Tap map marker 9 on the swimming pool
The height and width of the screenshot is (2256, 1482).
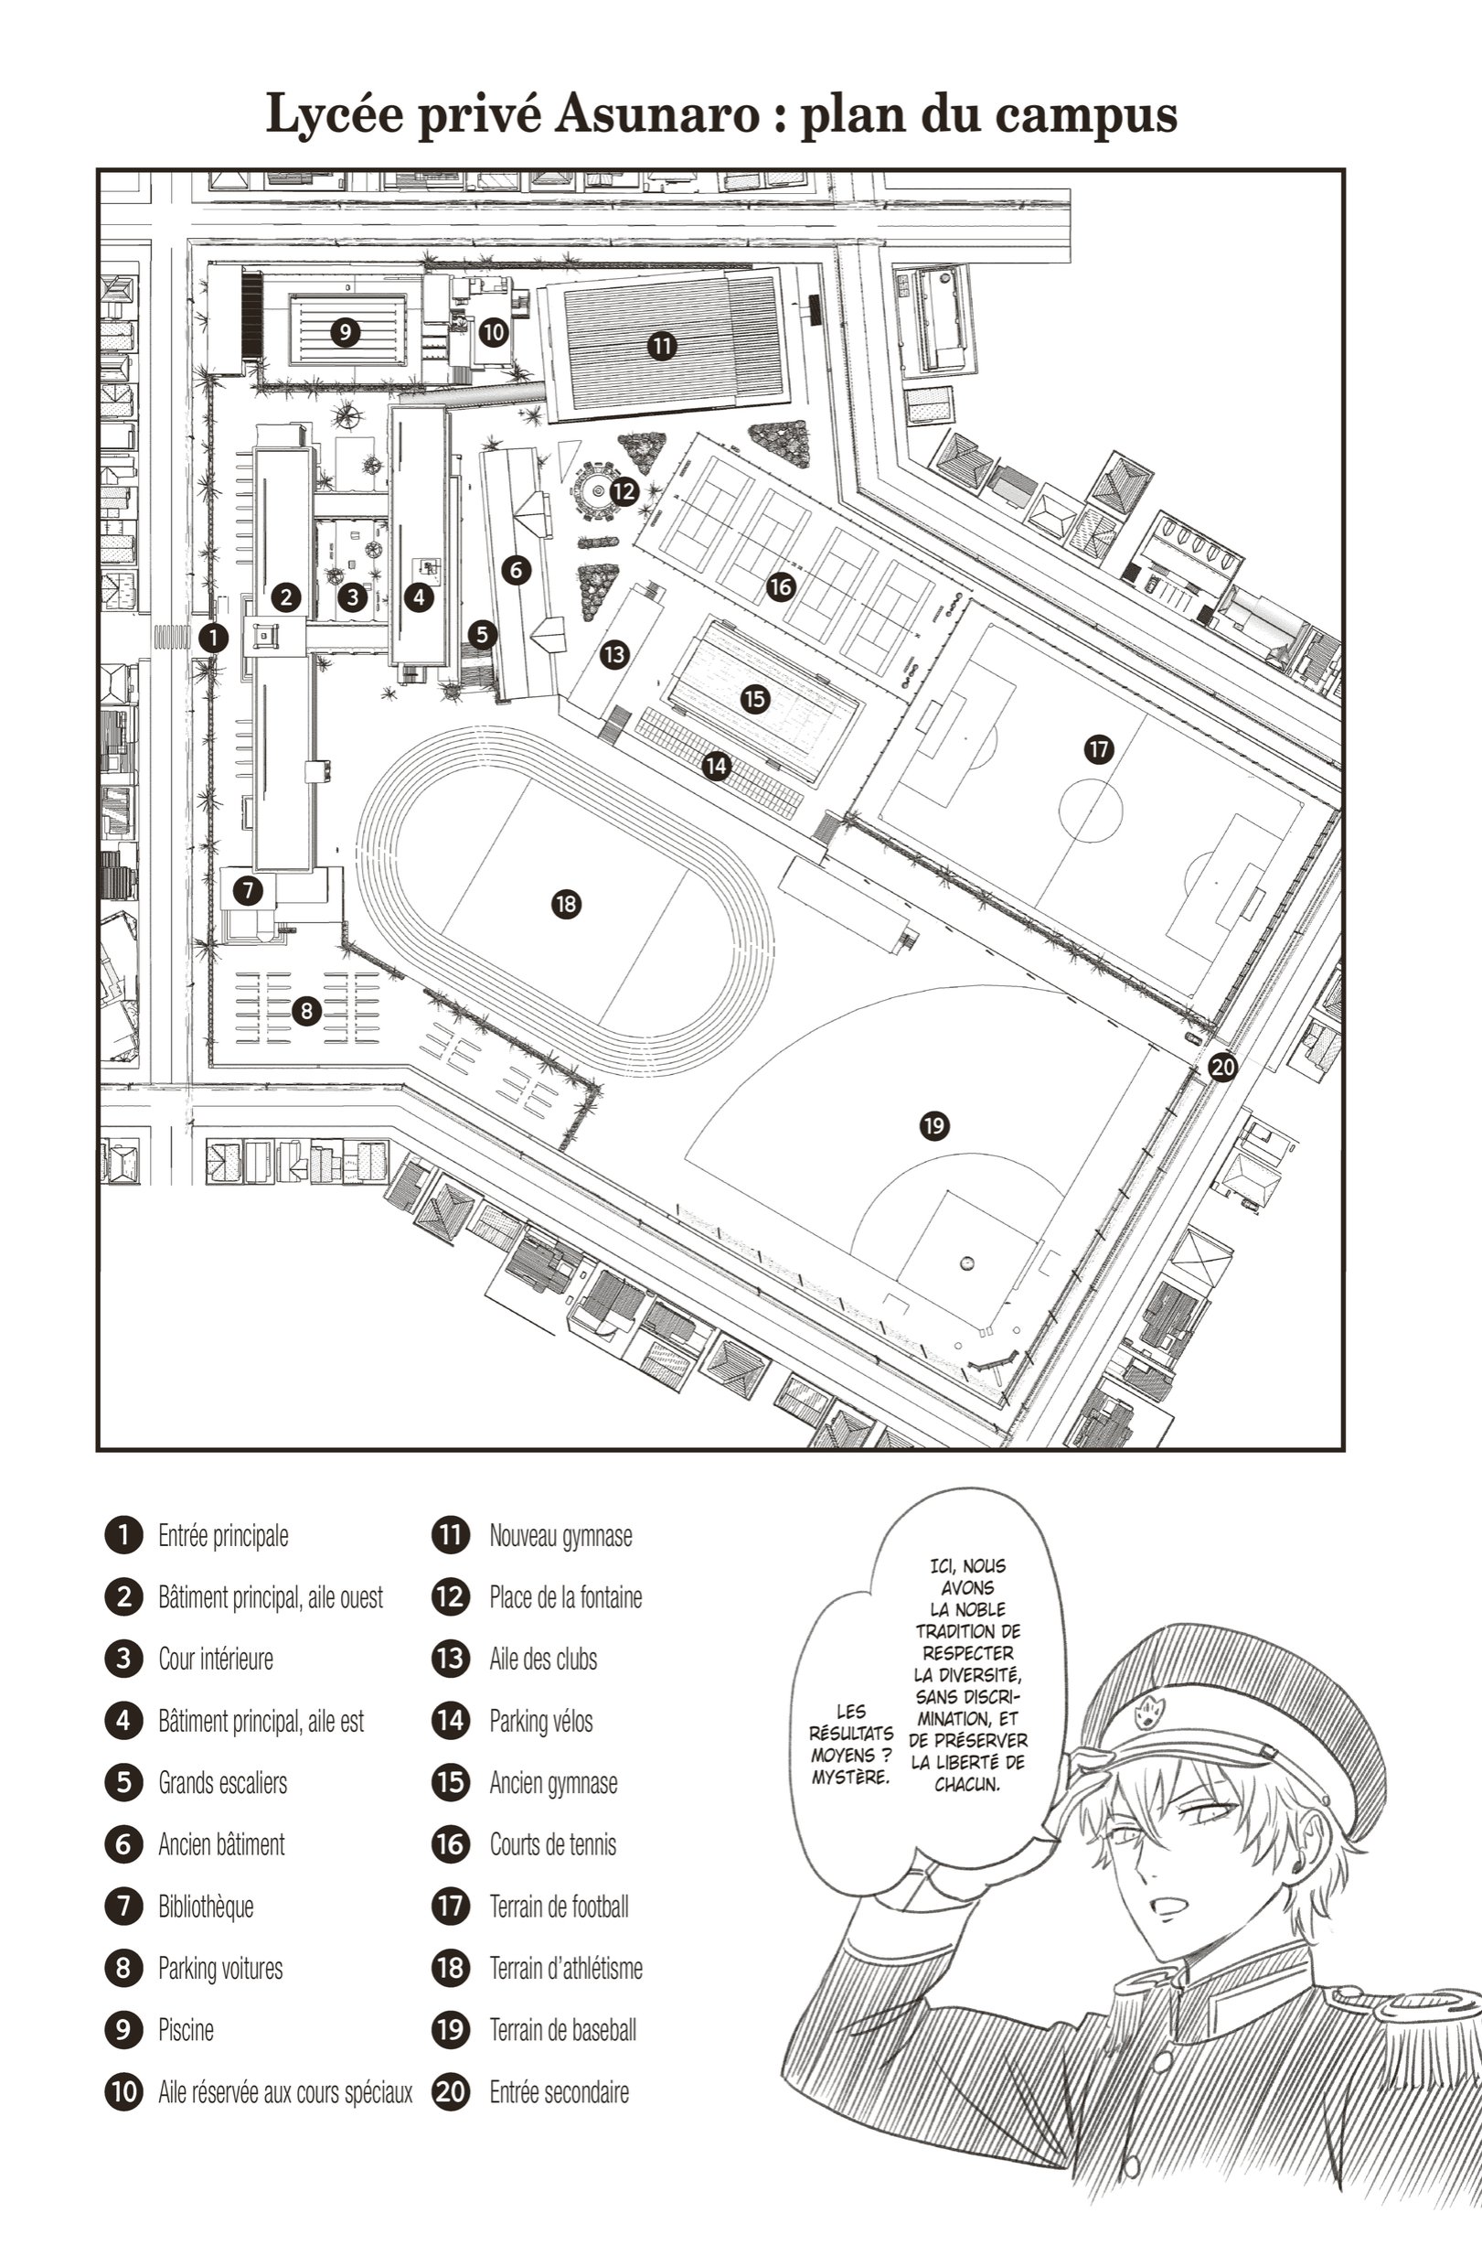(345, 332)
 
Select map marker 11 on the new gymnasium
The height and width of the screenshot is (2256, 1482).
(661, 346)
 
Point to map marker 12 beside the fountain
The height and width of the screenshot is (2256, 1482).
(624, 491)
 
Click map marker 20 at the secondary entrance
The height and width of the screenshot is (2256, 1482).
(1222, 1068)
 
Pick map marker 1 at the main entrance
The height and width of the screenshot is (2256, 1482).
(213, 637)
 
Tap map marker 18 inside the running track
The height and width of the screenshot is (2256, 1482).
(566, 903)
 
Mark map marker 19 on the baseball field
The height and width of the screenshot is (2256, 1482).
(934, 1125)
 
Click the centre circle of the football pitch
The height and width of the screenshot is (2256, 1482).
(1091, 811)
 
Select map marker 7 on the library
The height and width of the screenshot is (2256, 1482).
(248, 890)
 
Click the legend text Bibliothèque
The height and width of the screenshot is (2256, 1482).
(206, 1907)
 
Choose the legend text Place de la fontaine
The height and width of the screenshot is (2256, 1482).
(566, 1597)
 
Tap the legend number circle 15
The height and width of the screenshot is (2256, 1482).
(450, 1782)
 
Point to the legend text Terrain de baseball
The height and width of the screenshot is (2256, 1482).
(563, 2029)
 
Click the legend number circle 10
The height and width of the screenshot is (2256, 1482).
(123, 2091)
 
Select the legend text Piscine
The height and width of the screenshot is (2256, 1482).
(186, 2029)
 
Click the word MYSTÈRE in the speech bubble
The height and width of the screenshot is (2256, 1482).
(851, 1777)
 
